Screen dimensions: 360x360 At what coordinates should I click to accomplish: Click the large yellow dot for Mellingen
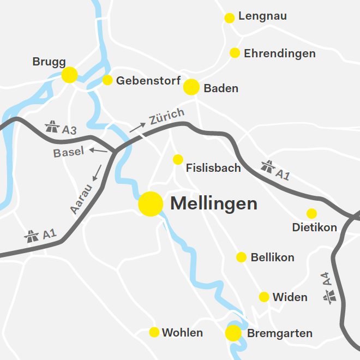click(151, 204)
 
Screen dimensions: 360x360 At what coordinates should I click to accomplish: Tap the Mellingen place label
click(214, 204)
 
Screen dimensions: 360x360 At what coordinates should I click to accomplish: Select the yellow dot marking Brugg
click(69, 75)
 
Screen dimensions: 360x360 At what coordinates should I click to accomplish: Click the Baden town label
click(221, 88)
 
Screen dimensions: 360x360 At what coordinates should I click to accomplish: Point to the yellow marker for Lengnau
click(230, 18)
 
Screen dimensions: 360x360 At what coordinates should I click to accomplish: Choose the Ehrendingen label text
click(280, 53)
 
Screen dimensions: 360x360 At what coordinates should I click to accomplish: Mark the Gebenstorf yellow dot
click(107, 80)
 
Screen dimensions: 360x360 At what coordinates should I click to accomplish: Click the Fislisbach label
click(213, 167)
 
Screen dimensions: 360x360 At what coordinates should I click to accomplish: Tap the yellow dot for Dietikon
click(311, 213)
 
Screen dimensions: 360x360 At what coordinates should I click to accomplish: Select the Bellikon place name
click(273, 257)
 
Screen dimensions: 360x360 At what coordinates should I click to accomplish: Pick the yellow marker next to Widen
click(264, 297)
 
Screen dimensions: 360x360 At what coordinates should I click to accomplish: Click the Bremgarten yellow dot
click(233, 333)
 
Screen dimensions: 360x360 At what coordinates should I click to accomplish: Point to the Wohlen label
click(182, 333)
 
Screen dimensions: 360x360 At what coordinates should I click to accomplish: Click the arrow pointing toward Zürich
click(137, 128)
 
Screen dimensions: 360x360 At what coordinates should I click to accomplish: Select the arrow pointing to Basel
click(99, 149)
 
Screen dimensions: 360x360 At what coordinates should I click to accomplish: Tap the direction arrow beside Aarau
click(97, 173)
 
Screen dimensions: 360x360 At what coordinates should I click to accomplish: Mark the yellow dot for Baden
click(191, 87)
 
